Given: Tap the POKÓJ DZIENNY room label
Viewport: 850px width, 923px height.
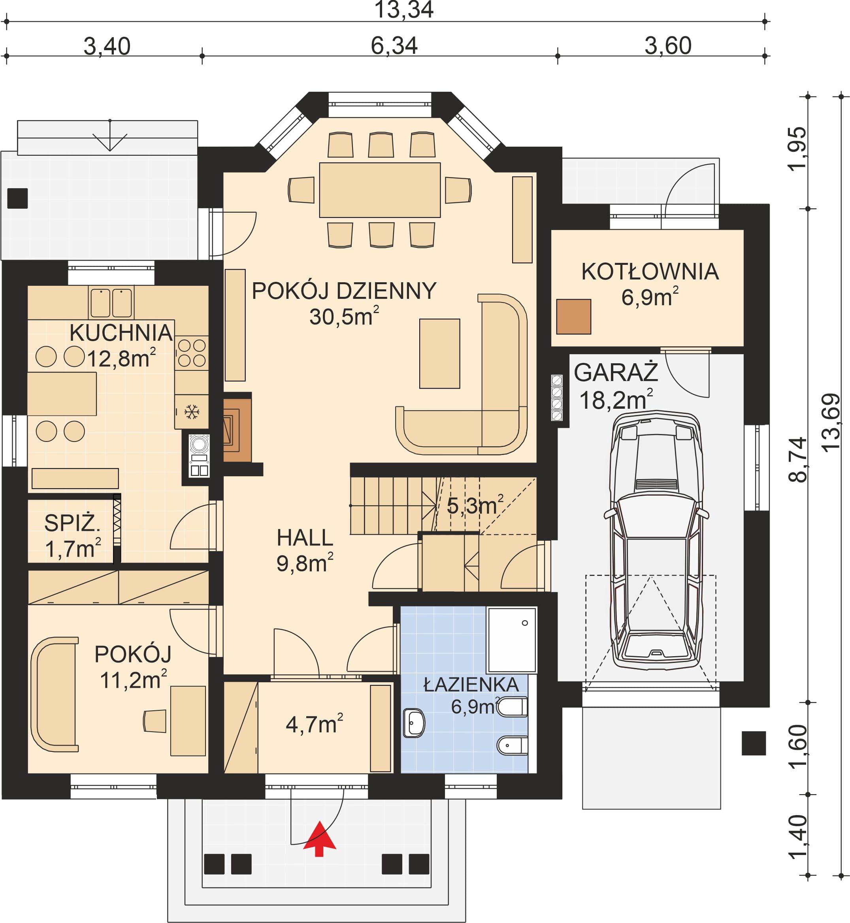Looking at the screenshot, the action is point(344,291).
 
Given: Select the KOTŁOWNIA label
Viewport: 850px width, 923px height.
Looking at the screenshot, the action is point(650,272).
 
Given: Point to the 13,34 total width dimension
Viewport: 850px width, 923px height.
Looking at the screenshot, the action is point(404,10).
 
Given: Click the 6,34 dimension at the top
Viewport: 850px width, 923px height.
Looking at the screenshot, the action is point(394,46).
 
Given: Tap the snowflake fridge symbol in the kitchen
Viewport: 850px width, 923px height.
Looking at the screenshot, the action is point(191,411).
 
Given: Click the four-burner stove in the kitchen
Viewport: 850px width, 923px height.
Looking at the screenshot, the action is point(192,353).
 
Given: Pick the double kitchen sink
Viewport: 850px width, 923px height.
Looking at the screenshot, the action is point(111,302).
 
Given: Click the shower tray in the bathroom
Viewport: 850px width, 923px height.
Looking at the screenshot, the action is point(512,640).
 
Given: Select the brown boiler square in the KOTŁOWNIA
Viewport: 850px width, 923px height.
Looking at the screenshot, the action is point(573,316).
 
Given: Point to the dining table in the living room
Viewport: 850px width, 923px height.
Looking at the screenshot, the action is point(380,190).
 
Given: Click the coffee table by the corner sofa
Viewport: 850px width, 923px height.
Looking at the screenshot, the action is point(440,353).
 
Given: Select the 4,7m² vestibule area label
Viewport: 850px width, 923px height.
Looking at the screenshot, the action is point(315,724).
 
